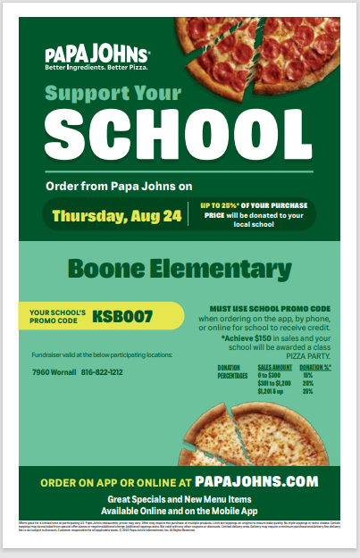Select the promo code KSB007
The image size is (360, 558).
pos(122,315)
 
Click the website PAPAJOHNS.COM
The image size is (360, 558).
pos(255,481)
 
